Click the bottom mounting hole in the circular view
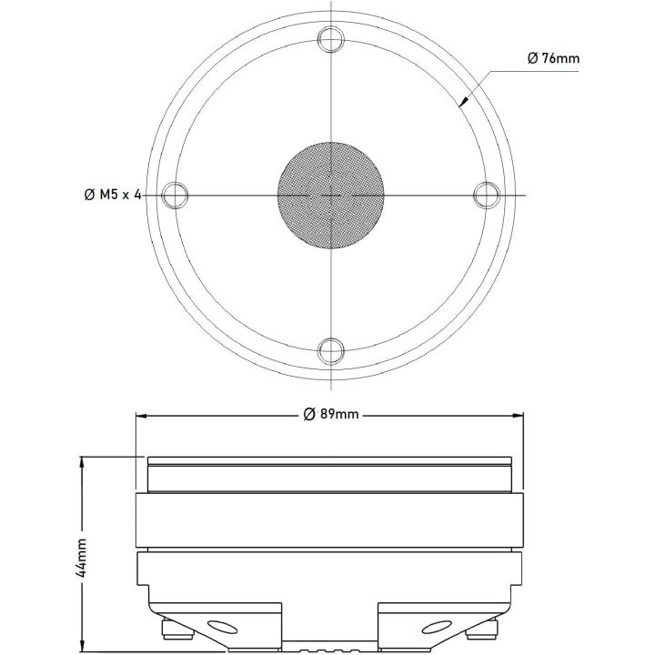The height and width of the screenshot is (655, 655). pyautogui.click(x=331, y=349)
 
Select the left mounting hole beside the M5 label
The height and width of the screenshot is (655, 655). pyautogui.click(x=174, y=194)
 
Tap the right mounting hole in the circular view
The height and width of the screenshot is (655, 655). pyautogui.click(x=488, y=194)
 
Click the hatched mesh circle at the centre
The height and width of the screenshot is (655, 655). pyautogui.click(x=330, y=194)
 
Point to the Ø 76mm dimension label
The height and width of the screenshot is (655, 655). pyautogui.click(x=553, y=58)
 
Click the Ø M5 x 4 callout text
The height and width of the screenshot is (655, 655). pyautogui.click(x=112, y=195)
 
